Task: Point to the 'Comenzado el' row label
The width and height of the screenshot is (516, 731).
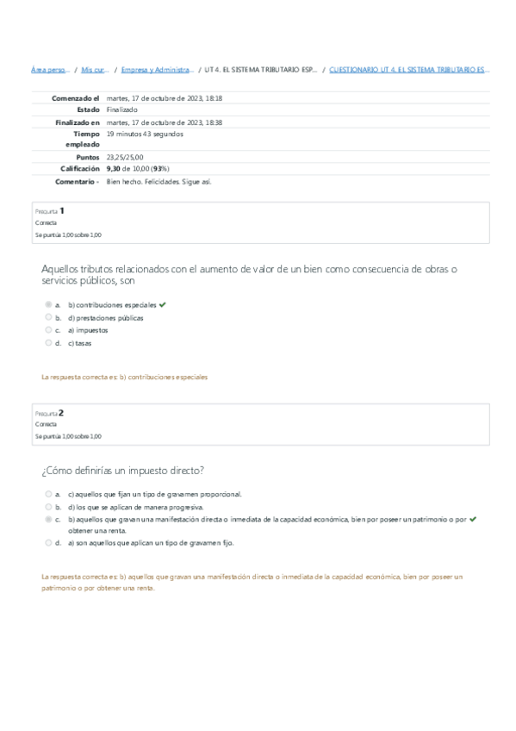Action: point(76,98)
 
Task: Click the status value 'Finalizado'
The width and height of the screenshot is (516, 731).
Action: point(121,110)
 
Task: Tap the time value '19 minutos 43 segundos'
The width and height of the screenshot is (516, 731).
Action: point(145,134)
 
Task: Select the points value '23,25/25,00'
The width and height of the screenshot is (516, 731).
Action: point(127,158)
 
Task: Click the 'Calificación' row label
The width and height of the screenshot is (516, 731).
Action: point(80,170)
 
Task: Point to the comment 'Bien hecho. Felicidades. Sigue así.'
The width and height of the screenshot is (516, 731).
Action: point(159,182)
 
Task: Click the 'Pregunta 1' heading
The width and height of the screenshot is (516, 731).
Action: point(50,210)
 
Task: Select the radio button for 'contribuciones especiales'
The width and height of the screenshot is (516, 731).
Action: point(48,305)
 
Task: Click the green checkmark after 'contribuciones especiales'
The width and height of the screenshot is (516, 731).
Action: point(163,304)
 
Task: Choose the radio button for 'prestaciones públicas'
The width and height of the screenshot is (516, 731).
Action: point(48,317)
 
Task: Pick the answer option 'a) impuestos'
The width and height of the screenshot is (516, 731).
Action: point(87,330)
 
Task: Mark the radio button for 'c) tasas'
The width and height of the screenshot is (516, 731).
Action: point(48,342)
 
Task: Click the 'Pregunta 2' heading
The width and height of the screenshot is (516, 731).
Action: point(50,412)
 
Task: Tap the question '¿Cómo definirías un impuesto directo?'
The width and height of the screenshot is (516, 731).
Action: point(122,470)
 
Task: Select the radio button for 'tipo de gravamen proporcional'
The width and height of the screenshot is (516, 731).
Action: point(48,495)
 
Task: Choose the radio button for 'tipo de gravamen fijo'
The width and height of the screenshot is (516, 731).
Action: point(48,543)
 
